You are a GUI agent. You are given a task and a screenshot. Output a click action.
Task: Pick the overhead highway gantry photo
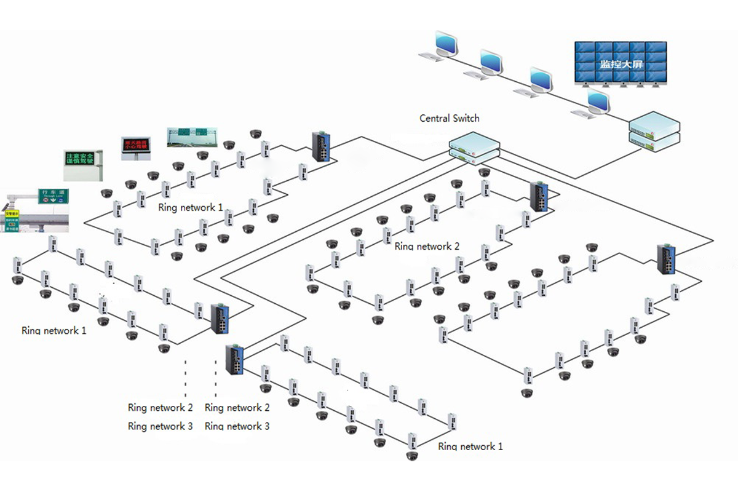point(191,137)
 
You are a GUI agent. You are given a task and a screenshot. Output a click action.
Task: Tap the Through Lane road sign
point(54,196)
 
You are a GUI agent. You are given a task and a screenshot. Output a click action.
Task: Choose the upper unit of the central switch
point(472,144)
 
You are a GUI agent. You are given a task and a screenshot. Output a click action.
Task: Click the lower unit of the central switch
point(472,158)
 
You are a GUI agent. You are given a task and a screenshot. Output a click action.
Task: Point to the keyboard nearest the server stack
point(581,114)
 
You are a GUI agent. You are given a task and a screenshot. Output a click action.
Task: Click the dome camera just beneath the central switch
point(485,172)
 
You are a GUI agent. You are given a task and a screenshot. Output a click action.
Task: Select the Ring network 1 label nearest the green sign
point(191,207)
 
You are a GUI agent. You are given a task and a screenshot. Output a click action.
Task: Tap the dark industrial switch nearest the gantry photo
point(321,146)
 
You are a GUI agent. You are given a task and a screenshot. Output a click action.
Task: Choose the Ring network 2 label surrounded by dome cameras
point(427,247)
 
